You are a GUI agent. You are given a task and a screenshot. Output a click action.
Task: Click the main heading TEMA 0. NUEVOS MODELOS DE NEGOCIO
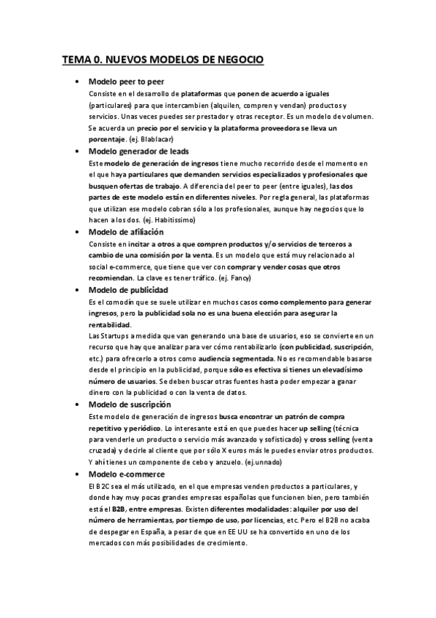pyautogui.click(x=162, y=58)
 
